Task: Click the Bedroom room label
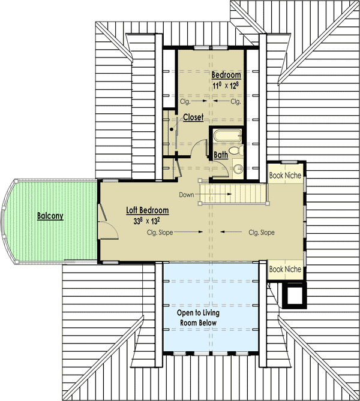(226, 75)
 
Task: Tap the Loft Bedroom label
(147, 210)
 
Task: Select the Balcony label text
(50, 216)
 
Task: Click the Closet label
(193, 117)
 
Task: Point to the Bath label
(221, 155)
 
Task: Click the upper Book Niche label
(285, 176)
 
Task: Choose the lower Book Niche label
(285, 269)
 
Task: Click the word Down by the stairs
(187, 195)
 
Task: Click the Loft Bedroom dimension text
(147, 221)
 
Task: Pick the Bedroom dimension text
(226, 85)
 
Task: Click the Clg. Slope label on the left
(160, 232)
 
